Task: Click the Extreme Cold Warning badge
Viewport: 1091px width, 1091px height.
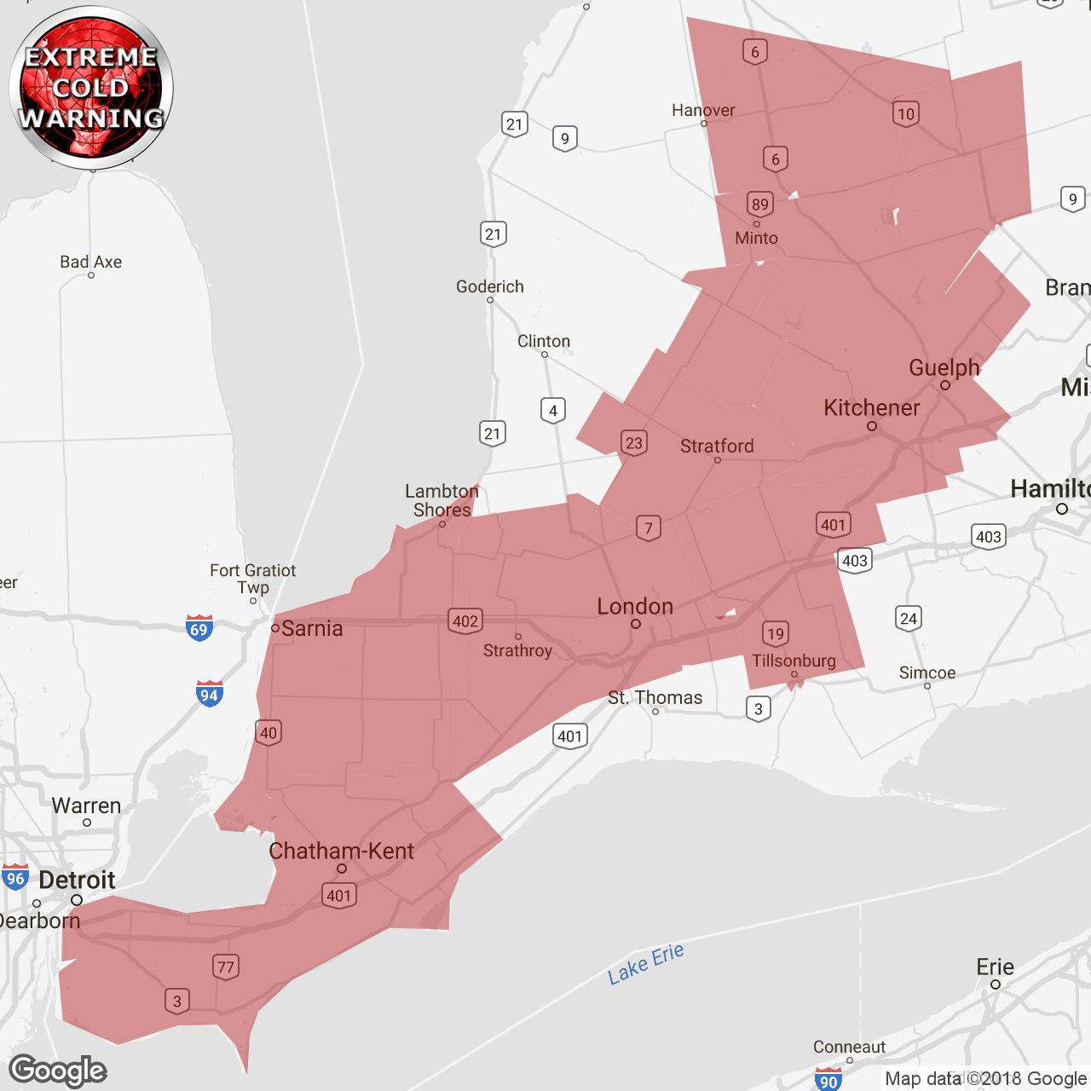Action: tap(91, 87)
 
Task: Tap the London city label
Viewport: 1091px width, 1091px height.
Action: tap(635, 607)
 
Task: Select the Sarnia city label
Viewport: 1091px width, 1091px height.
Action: tap(311, 629)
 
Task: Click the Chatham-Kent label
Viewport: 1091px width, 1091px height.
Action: tap(341, 851)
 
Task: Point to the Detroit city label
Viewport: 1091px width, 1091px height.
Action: tap(77, 880)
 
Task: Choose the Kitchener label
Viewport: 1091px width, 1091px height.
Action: tap(871, 408)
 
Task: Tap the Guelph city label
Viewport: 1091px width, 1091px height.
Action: tap(944, 368)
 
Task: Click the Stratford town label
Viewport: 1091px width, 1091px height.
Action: tap(717, 446)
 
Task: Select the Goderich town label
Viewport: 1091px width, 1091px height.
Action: tap(490, 286)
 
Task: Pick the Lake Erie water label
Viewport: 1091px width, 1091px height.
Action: tap(646, 964)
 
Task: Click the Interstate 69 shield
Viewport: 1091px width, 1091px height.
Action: tap(199, 628)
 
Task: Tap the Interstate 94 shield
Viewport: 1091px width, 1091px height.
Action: tap(209, 694)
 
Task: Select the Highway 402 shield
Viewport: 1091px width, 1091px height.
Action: tap(465, 621)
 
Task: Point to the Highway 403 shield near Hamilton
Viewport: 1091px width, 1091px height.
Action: tap(988, 536)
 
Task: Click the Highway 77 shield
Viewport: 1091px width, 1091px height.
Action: tap(225, 967)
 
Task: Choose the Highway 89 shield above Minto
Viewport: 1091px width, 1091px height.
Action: tap(759, 204)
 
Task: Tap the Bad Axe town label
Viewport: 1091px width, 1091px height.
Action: tap(90, 262)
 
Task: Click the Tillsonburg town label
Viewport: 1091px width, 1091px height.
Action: tap(794, 661)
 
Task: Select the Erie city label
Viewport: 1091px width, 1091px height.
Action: tap(995, 967)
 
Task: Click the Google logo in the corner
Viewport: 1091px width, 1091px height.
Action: tap(58, 1071)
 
